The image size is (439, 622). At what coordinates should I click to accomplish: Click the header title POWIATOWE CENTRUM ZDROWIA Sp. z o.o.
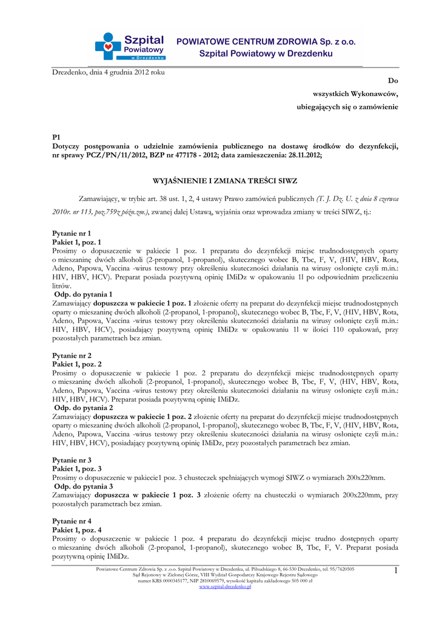[x=266, y=42]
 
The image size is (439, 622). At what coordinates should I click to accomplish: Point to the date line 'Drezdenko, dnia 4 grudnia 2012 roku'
[x=109, y=72]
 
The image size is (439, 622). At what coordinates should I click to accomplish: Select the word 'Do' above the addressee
[x=393, y=81]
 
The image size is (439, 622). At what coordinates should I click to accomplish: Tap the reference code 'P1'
[x=56, y=138]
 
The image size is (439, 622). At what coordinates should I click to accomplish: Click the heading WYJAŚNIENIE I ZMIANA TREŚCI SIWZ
[x=224, y=181]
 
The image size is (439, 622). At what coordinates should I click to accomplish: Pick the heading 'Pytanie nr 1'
[x=72, y=233]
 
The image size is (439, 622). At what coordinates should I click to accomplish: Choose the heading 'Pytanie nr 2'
[x=72, y=355]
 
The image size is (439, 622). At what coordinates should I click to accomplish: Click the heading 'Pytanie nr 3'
[x=72, y=460]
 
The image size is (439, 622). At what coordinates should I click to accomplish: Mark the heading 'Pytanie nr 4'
[x=72, y=521]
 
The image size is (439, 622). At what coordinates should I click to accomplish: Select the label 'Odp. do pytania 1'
[x=84, y=294]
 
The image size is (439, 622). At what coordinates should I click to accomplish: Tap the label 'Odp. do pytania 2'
[x=84, y=408]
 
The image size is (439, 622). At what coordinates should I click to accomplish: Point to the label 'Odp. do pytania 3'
[x=84, y=487]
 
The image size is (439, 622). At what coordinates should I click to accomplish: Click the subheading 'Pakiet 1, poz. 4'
[x=77, y=530]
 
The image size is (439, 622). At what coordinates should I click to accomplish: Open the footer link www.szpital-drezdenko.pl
[x=225, y=587]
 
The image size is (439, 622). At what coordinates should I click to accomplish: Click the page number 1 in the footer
[x=395, y=570]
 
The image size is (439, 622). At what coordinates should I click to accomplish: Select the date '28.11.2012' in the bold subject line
[x=303, y=155]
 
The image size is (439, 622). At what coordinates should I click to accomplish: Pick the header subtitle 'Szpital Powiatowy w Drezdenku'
[x=266, y=54]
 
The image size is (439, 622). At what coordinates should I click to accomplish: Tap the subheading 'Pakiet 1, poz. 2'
[x=77, y=364]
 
